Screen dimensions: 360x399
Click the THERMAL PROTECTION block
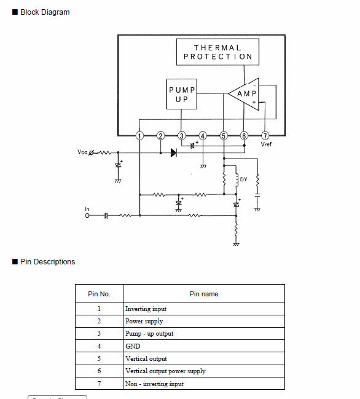217,52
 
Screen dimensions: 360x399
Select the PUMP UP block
181,94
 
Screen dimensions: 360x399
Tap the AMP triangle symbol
243,94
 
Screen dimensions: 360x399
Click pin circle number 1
139,136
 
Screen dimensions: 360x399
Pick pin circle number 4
203,136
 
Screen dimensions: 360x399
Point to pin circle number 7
265,136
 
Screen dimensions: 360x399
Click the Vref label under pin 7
266,144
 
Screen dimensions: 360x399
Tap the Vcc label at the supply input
82,152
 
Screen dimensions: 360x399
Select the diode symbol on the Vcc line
174,152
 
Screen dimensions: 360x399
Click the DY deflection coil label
243,180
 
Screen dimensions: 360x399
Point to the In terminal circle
87,216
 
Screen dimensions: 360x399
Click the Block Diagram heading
45,12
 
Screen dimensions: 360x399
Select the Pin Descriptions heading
47,262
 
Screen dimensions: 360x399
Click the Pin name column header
204,294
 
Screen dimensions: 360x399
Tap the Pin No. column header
99,294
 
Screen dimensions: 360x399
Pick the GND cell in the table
133,346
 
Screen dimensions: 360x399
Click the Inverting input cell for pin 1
146,309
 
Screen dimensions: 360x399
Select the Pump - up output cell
149,334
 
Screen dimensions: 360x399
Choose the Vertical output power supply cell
165,371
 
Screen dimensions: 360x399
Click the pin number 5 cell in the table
99,358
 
